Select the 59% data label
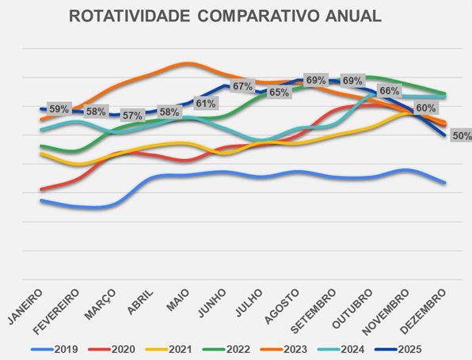point(59,108)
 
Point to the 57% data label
point(132,116)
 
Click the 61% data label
point(205,104)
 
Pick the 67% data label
point(242,86)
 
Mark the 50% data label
point(461,135)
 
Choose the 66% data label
point(389,91)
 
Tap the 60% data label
point(425,108)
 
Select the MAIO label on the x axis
point(178,300)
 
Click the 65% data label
point(279,93)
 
